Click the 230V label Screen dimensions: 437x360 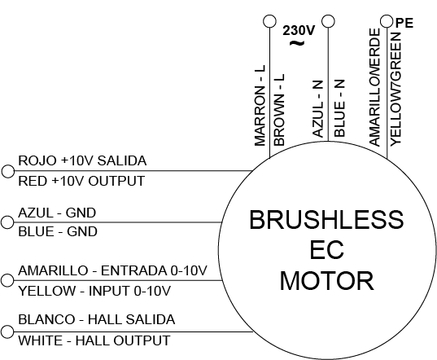[299, 30]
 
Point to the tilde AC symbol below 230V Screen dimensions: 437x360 [297, 43]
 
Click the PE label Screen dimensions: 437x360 [404, 23]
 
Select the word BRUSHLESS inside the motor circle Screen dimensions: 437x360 [326, 220]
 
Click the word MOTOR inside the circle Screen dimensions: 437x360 [326, 281]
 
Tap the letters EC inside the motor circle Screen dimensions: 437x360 [326, 250]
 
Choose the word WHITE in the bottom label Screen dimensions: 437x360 [41, 340]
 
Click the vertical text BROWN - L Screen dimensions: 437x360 [279, 110]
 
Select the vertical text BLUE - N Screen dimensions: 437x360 [339, 108]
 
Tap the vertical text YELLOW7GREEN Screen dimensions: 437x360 [395, 90]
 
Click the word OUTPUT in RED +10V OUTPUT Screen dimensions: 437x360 [116, 181]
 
